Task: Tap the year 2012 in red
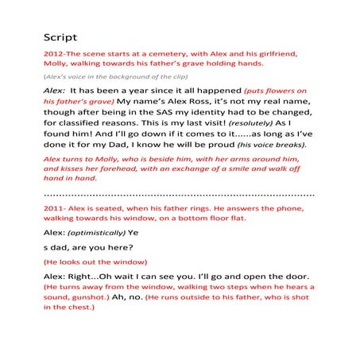pyautogui.click(x=53, y=53)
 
